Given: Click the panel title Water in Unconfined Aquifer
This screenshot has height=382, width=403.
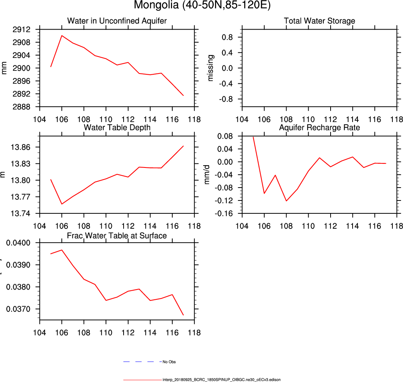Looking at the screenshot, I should tap(117, 21).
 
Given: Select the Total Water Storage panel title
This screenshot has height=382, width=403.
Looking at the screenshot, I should tap(320, 21).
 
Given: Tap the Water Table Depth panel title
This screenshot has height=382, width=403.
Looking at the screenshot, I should tap(117, 128).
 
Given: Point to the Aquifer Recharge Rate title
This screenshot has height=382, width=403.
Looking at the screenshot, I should tap(320, 128).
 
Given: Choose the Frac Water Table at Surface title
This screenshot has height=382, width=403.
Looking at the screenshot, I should tap(117, 236).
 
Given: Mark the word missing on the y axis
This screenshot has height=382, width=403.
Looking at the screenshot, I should tap(211, 68).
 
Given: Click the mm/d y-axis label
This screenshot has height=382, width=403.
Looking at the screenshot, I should tap(207, 175).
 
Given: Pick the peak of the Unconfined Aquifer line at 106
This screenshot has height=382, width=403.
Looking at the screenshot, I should tap(62, 36).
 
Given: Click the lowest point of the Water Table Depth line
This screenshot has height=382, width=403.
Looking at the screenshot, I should tap(62, 204).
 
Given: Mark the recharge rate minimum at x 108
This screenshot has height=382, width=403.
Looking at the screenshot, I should tap(287, 201).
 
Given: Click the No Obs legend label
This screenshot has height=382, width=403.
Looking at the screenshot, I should tap(169, 362).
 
